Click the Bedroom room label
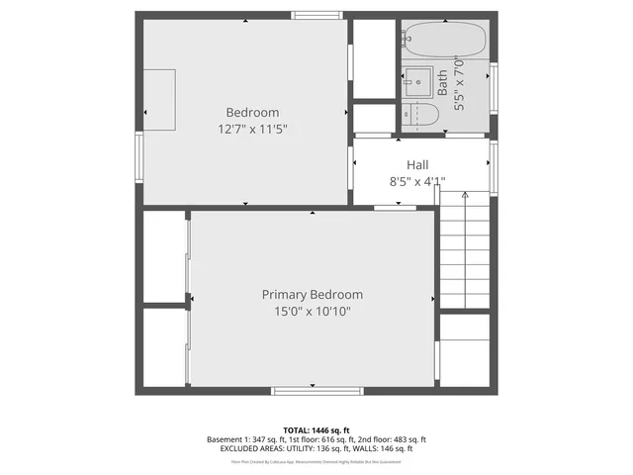[252, 113]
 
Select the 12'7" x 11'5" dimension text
[252, 130]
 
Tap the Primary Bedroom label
[312, 295]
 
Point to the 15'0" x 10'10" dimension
[312, 312]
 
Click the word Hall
[416, 164]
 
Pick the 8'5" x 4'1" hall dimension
[416, 181]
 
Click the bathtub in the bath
[444, 41]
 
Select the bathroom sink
[417, 80]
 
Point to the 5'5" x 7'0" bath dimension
[459, 83]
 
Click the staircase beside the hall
[464, 252]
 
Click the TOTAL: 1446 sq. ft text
[316, 430]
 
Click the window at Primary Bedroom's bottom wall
[316, 391]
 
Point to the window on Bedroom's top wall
[316, 15]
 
